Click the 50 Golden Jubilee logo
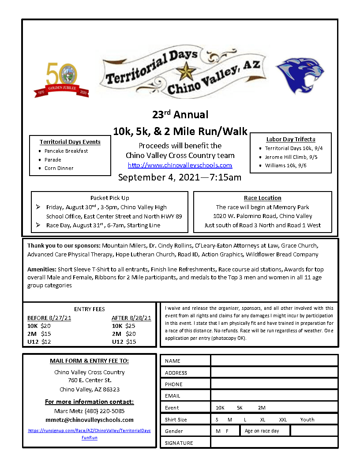tap(61, 79)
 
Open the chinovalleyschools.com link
tap(180, 165)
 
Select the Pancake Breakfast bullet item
tap(66, 151)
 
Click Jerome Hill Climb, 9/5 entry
tap(291, 157)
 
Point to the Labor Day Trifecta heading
tap(291, 139)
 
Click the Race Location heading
tap(262, 198)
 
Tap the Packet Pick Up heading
tap(110, 198)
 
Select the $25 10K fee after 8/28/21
tap(124, 326)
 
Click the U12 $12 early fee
tap(39, 342)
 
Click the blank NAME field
tap(274, 361)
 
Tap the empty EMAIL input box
tap(274, 396)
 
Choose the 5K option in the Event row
tap(240, 408)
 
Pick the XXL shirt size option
tap(283, 420)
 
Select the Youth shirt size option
tap(307, 420)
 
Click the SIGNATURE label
tap(179, 443)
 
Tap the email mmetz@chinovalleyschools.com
tap(90, 420)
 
